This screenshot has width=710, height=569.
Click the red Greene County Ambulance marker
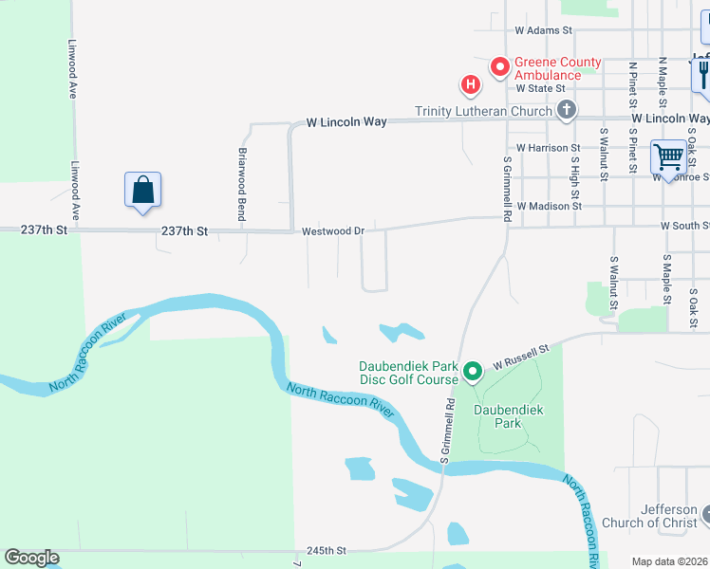pos(499,66)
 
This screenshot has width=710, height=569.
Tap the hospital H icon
pos(470,86)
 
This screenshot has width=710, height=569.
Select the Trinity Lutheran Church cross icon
pos(566,110)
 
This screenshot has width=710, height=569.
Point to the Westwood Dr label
pos(333,230)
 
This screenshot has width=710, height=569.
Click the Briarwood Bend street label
pos(242,184)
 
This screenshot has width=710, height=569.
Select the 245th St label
pos(327,550)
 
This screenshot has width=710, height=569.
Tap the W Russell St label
pos(521,358)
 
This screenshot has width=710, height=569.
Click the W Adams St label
pos(544,30)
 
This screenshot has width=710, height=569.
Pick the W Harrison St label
pos(549,148)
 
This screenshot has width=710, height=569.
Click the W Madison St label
pos(549,206)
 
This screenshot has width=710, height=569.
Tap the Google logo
pos(31,558)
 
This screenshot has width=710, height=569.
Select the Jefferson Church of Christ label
pos(656,516)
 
